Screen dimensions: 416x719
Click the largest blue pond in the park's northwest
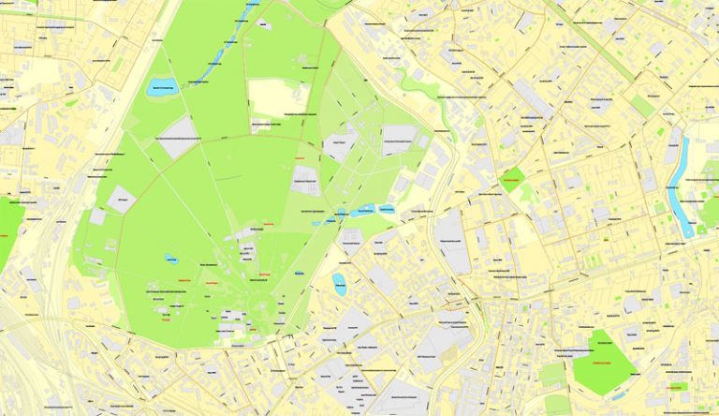[161, 88]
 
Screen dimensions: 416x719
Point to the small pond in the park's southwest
[171, 258]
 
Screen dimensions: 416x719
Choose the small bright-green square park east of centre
[511, 179]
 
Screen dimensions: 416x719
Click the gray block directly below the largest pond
[179, 136]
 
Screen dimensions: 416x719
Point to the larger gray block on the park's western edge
[121, 199]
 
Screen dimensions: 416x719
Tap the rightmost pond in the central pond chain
[385, 210]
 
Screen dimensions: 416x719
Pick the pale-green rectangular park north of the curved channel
[642, 105]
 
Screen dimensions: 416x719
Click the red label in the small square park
[511, 179]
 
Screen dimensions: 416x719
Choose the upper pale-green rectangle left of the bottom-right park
[552, 374]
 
